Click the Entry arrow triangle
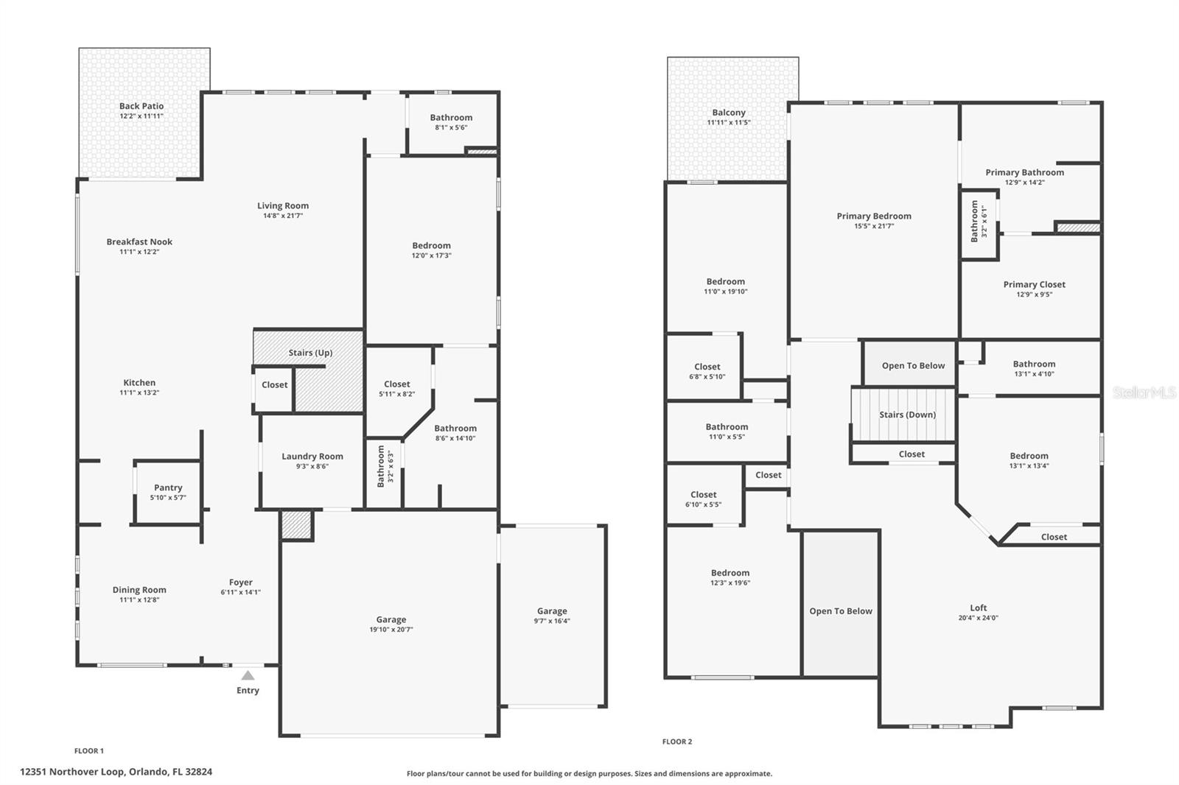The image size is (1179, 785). pyautogui.click(x=248, y=675)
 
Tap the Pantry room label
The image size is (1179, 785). pyautogui.click(x=168, y=487)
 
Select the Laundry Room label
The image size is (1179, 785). pyautogui.click(x=312, y=457)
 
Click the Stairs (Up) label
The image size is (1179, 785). pyautogui.click(x=310, y=353)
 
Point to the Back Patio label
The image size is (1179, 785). pyautogui.click(x=141, y=106)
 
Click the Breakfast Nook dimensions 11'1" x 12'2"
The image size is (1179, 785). pyautogui.click(x=139, y=252)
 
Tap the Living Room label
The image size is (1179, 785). pyautogui.click(x=283, y=206)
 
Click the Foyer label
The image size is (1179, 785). pyautogui.click(x=240, y=582)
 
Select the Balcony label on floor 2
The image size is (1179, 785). pyautogui.click(x=729, y=113)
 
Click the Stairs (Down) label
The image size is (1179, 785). pyautogui.click(x=907, y=415)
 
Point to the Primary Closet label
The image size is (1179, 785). pyautogui.click(x=1034, y=284)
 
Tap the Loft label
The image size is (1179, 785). pyautogui.click(x=978, y=608)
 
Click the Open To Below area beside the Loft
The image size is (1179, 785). pyautogui.click(x=840, y=611)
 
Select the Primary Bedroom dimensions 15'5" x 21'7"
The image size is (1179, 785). pyautogui.click(x=874, y=226)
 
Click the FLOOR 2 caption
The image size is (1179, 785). pyautogui.click(x=677, y=742)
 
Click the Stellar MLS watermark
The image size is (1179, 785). pyautogui.click(x=1144, y=392)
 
